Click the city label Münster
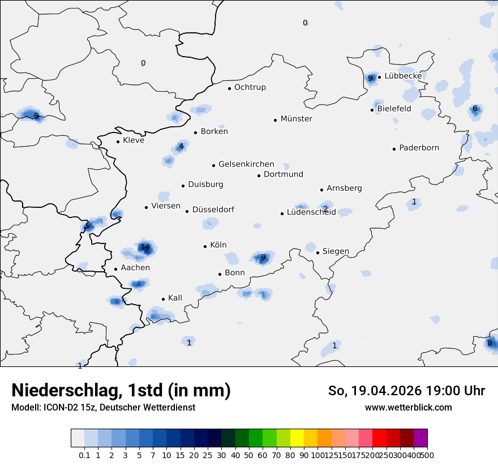296,119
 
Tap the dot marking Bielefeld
372,110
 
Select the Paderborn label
419,148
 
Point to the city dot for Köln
205,246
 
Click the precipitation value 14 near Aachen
145,247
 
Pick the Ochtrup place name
250,87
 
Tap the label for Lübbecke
403,76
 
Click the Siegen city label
336,251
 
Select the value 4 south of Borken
181,146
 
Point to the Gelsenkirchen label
246,164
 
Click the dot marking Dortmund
259,176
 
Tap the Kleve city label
134,140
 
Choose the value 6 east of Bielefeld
475,109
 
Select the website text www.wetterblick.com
408,407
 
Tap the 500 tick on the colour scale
428,455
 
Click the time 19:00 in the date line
441,391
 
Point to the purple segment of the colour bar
420,438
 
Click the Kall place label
175,298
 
